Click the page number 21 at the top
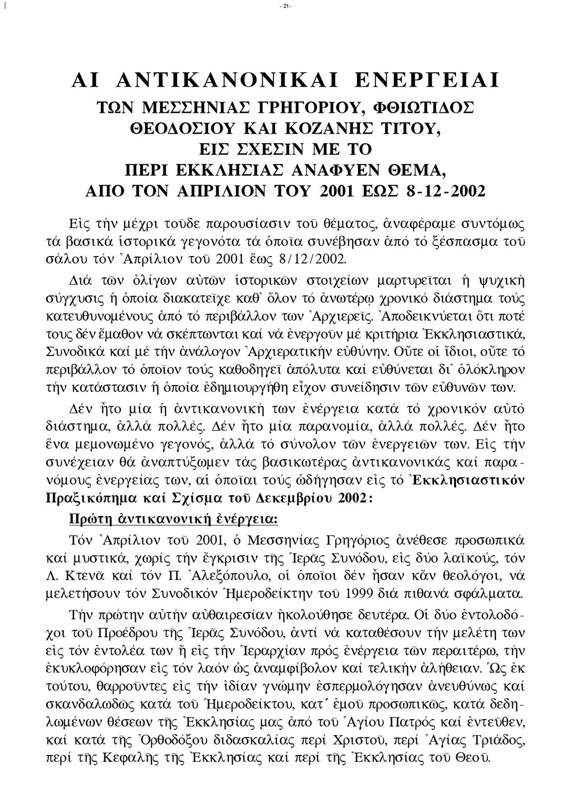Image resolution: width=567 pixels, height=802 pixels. click(283, 6)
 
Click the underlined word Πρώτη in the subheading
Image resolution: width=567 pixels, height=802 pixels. click(93, 518)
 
